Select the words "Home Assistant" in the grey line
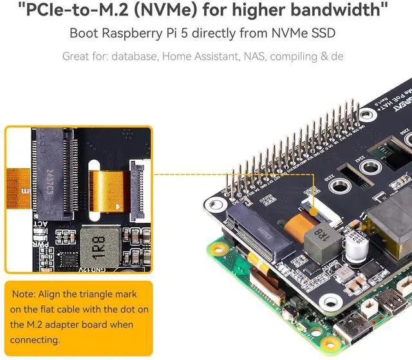coord(196,56)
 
